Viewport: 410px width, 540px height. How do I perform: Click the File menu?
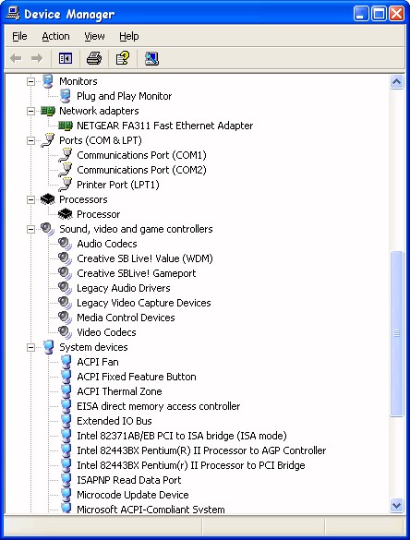pyautogui.click(x=19, y=36)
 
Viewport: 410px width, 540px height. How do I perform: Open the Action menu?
pyautogui.click(x=55, y=36)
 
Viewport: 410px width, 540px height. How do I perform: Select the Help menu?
pyautogui.click(x=129, y=36)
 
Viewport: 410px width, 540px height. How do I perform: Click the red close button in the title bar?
pyautogui.click(x=396, y=14)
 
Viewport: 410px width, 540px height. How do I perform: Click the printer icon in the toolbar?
pyautogui.click(x=94, y=58)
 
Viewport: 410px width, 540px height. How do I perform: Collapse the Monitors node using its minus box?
pyautogui.click(x=31, y=81)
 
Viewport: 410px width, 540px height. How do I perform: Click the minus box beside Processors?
pyautogui.click(x=31, y=199)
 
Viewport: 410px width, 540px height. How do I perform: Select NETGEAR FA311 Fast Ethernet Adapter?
pyautogui.click(x=165, y=126)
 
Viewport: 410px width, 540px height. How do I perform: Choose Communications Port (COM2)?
pyautogui.click(x=141, y=170)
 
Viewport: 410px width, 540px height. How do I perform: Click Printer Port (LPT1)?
pyautogui.click(x=118, y=185)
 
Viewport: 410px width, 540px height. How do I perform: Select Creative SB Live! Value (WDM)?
pyautogui.click(x=145, y=258)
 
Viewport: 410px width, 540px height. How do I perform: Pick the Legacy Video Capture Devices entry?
pyautogui.click(x=144, y=303)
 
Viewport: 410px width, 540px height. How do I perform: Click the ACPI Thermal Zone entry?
pyautogui.click(x=119, y=391)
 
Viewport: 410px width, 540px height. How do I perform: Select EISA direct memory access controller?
pyautogui.click(x=159, y=406)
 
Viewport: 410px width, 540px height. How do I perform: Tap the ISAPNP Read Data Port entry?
pyautogui.click(x=129, y=480)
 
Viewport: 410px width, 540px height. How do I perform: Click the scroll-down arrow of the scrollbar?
pyautogui.click(x=396, y=505)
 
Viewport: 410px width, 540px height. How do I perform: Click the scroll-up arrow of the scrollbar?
pyautogui.click(x=396, y=82)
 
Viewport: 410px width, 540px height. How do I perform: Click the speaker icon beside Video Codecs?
pyautogui.click(x=65, y=332)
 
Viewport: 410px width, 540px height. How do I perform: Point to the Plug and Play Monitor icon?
pyautogui.click(x=65, y=96)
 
